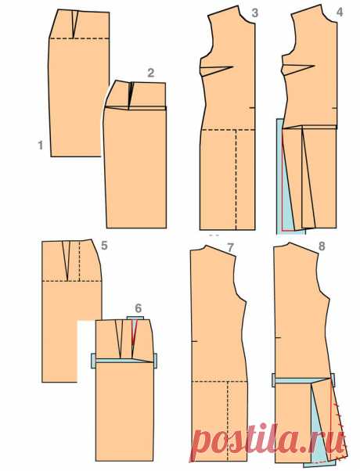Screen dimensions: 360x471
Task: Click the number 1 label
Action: pos(41,146)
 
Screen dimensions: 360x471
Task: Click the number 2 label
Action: pos(150,73)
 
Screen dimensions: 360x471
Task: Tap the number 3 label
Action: pos(254,13)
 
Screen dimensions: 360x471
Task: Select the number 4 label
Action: pos(340,13)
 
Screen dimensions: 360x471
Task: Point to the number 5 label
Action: pos(104,246)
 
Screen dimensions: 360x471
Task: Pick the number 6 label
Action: pos(139,308)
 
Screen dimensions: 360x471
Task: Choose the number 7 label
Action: pos(230,247)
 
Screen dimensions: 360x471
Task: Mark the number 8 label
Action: pos(322,246)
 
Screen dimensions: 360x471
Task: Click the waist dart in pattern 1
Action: pos(74,24)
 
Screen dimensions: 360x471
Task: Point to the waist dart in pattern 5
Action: pos(66,260)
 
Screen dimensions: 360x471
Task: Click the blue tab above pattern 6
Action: pos(135,318)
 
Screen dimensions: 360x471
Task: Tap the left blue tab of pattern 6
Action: pos(93,361)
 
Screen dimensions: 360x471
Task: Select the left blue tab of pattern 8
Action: pos(274,380)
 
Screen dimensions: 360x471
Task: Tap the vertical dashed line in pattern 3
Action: pos(236,179)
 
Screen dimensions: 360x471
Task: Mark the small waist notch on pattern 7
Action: pos(194,341)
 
